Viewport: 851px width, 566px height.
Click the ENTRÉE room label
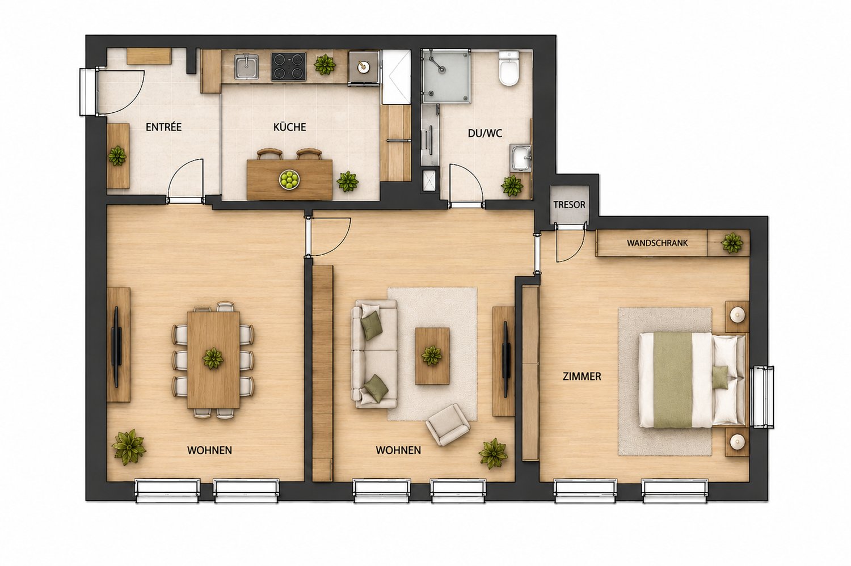[164, 127]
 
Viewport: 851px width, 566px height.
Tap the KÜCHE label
[289, 127]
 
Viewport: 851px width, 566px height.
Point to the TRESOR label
[569, 205]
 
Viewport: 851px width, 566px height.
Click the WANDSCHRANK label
[657, 243]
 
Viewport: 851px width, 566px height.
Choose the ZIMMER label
[582, 377]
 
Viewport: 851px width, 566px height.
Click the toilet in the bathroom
[509, 69]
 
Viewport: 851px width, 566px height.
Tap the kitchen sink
[246, 67]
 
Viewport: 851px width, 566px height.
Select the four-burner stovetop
[288, 66]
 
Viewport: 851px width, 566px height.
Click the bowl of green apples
[289, 179]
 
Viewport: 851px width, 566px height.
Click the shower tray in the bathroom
[447, 77]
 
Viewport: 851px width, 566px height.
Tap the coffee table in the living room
[432, 356]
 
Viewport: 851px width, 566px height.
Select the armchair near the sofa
[448, 425]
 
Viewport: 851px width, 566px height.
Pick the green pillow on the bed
[721, 377]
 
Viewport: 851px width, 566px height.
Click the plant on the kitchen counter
[325, 64]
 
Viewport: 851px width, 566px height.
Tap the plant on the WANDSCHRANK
[732, 243]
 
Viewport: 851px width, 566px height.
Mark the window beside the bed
[763, 396]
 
